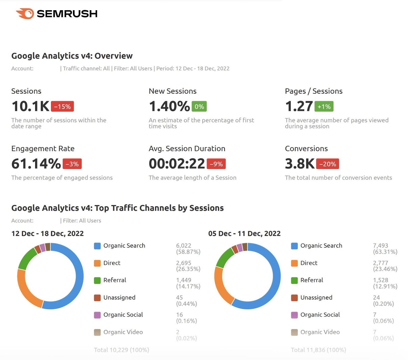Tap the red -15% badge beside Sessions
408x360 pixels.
(x=62, y=106)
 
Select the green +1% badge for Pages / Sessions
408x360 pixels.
(x=324, y=106)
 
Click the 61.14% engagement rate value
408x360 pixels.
(x=36, y=164)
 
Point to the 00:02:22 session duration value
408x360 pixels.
(x=177, y=164)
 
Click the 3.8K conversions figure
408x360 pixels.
(x=300, y=164)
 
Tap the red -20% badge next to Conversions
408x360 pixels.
(x=327, y=164)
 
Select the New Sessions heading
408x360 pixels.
(x=173, y=91)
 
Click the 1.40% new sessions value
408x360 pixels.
(x=169, y=106)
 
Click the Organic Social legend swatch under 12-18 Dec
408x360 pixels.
(x=97, y=315)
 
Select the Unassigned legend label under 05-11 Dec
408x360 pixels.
(x=316, y=298)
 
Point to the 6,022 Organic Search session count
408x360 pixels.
(x=183, y=246)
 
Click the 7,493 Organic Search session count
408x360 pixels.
(x=380, y=246)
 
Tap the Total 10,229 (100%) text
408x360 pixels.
(x=121, y=350)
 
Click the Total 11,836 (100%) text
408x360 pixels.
(x=318, y=350)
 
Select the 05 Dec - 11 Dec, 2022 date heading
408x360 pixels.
(x=244, y=233)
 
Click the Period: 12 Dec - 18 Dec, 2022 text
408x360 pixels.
(x=193, y=69)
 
